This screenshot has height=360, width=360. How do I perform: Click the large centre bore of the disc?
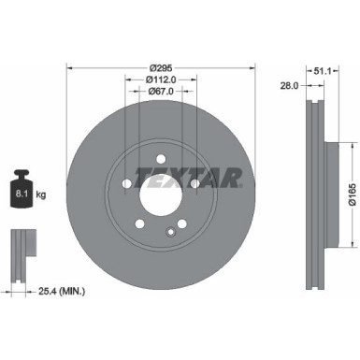click(x=161, y=194)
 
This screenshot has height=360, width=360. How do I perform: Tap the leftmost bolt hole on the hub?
click(x=125, y=183)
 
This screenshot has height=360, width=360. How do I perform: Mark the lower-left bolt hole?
click(x=139, y=224)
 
